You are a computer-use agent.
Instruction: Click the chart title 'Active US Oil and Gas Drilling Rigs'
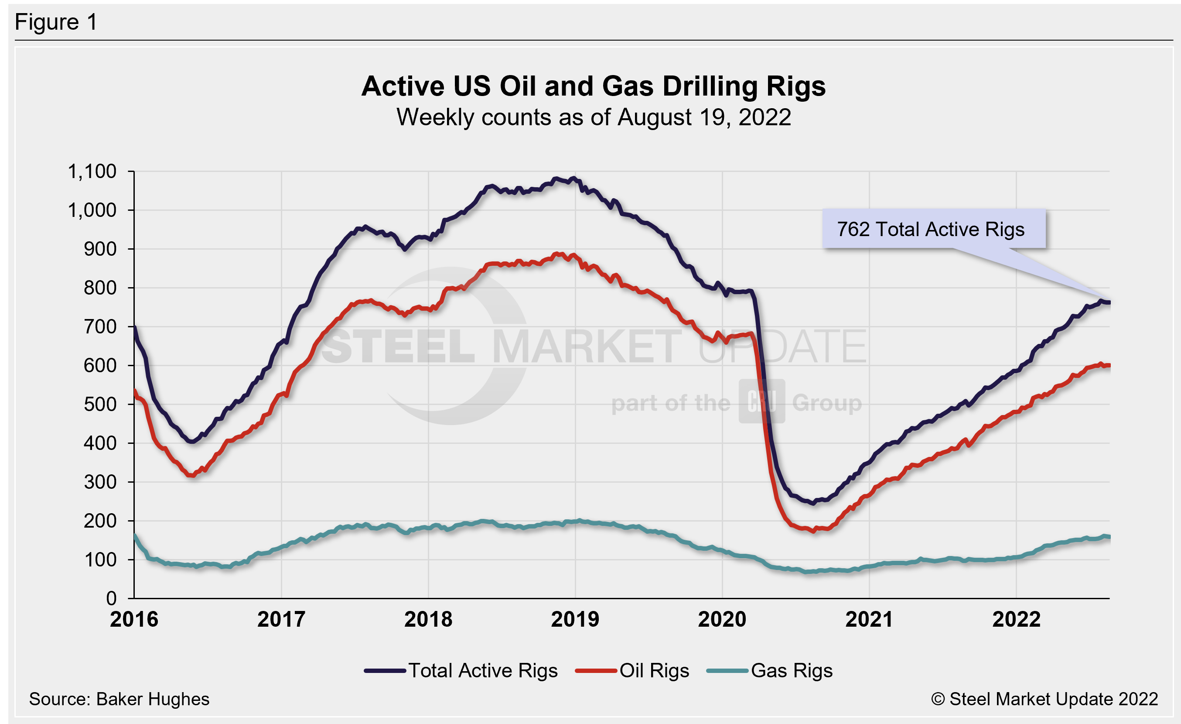[x=594, y=86]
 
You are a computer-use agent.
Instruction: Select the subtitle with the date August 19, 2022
[x=594, y=117]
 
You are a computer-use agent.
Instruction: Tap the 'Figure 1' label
[x=56, y=22]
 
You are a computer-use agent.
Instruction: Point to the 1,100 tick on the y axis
[x=92, y=172]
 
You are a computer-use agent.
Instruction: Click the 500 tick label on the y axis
[x=100, y=404]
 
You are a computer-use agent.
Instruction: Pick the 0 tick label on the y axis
[x=111, y=598]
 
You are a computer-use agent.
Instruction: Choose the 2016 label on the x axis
[x=134, y=619]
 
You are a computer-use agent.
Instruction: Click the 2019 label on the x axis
[x=575, y=619]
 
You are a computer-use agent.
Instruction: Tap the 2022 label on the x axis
[x=1016, y=619]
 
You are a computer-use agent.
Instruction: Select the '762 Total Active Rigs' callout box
[x=933, y=229]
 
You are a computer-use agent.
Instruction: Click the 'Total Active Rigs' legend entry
[x=483, y=670]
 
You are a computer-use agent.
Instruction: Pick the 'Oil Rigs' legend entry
[x=654, y=670]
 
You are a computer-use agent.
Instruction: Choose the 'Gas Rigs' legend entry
[x=791, y=670]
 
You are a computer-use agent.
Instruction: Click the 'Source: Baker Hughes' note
[x=119, y=699]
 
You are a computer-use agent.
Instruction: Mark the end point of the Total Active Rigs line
[x=1109, y=302]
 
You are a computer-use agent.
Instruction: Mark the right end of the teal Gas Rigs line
[x=1109, y=537]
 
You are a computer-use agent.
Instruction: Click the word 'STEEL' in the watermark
[x=398, y=347]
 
